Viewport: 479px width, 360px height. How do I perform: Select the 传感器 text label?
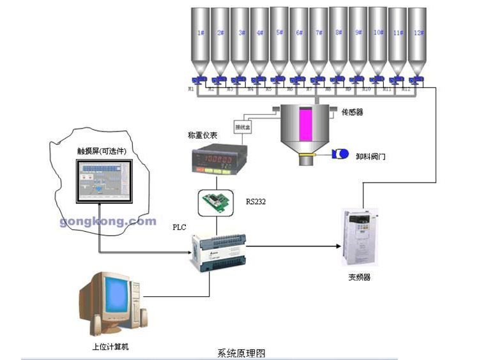[x=353, y=112]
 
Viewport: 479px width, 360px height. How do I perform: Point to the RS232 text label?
[x=255, y=202]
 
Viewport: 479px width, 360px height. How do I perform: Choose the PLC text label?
[x=181, y=227]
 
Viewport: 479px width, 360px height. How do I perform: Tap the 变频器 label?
[x=359, y=277]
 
